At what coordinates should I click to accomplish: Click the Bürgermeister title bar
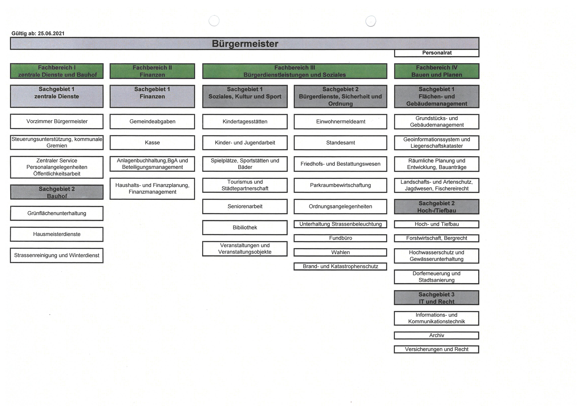click(x=245, y=44)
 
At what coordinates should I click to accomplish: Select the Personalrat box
click(x=437, y=53)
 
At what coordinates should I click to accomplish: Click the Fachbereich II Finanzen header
click(x=152, y=71)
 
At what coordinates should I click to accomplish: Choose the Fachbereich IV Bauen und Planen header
click(x=437, y=71)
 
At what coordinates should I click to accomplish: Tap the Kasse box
click(x=152, y=143)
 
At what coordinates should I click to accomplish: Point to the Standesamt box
click(x=340, y=143)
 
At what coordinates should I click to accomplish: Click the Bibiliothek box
click(x=245, y=228)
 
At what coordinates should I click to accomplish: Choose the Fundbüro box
click(x=340, y=238)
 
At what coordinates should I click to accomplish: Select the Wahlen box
click(x=340, y=252)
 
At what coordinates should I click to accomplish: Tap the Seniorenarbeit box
click(x=245, y=207)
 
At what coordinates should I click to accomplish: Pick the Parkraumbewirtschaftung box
click(x=340, y=185)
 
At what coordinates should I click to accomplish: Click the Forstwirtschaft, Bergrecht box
click(x=437, y=238)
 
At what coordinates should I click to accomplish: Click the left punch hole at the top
click(x=214, y=21)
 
